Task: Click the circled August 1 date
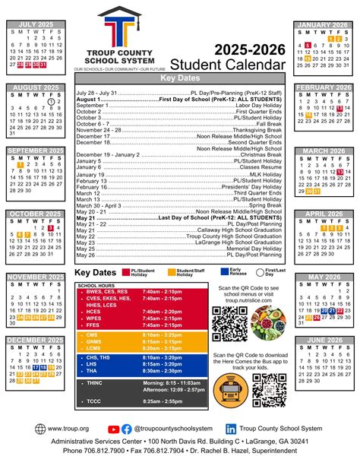coord(50,100)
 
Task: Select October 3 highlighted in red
coord(50,227)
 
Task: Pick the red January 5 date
coord(307,45)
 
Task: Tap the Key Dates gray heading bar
coord(179,78)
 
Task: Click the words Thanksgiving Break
coord(258,131)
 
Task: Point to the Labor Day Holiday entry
coord(254,106)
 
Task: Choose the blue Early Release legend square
coord(224,271)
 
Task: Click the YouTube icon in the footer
coord(114,430)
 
